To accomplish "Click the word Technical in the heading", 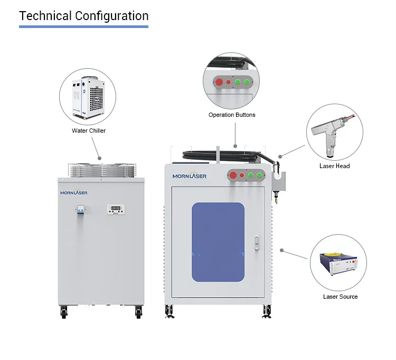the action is (x=45, y=16).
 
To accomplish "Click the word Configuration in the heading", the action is (x=112, y=16).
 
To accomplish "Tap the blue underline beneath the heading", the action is (x=83, y=26).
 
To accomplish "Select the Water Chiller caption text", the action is (x=89, y=131).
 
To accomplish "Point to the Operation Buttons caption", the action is (x=232, y=115).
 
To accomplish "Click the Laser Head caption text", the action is (x=334, y=166).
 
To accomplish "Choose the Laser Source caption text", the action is (x=340, y=297).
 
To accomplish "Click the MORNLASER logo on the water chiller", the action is (x=74, y=192).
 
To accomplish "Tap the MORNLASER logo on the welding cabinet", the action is (x=189, y=175).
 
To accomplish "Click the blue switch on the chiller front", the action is (x=81, y=210).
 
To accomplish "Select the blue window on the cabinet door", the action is (x=218, y=242).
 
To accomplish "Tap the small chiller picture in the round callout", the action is (x=89, y=97).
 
